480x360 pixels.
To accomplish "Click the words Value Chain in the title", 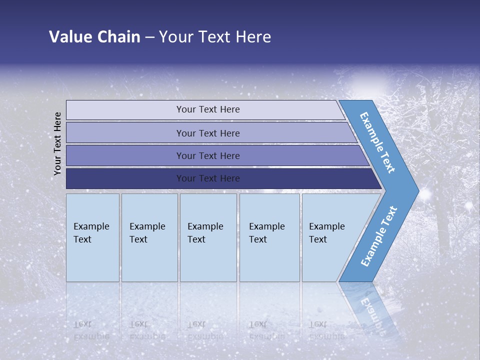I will point(94,36).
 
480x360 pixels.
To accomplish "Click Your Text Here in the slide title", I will point(215,36).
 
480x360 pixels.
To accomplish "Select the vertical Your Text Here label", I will point(57,143).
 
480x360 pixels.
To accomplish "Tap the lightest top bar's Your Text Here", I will point(208,109).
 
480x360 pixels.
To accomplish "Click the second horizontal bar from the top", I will point(208,133).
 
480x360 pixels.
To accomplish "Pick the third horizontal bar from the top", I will point(208,155).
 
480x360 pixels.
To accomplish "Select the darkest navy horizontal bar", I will point(208,178).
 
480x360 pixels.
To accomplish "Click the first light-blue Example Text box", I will point(92,237).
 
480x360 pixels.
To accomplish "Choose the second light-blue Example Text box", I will point(149,237).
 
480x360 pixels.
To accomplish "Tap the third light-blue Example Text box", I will point(207,237).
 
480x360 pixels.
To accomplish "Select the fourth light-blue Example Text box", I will point(269,237).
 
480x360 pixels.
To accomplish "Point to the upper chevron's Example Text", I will point(377,142).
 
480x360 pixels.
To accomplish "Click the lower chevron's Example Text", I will point(378,236).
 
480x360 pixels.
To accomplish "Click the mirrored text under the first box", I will point(91,330).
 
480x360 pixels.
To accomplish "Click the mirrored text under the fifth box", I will point(326,330).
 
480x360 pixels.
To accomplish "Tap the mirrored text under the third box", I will point(205,330).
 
